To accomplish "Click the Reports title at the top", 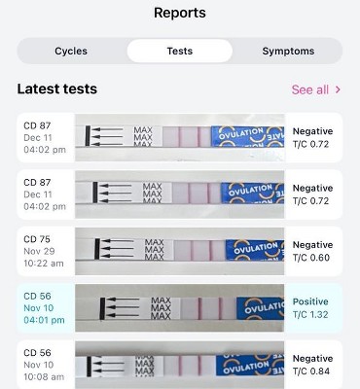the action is [x=180, y=13].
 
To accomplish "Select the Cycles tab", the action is [x=71, y=51].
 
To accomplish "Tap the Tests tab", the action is [x=180, y=51].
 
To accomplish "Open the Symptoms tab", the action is [x=288, y=51].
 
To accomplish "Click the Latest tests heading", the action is [x=57, y=88].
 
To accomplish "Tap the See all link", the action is [x=310, y=89].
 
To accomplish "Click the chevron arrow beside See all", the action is [x=338, y=89].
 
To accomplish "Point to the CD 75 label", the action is [x=37, y=239].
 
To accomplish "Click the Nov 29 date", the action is [x=39, y=251].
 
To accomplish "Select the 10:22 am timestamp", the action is [x=44, y=264].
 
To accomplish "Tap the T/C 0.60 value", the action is [x=311, y=258].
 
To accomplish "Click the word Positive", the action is [x=310, y=301].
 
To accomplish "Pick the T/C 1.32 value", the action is [x=310, y=314].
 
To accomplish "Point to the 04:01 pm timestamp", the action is [x=44, y=320].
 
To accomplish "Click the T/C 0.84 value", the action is [x=311, y=371].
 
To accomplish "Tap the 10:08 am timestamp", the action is [x=44, y=376].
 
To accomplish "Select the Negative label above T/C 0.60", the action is [x=312, y=245].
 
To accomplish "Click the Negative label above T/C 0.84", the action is [x=312, y=358].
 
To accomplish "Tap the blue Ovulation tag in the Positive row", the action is [x=261, y=308].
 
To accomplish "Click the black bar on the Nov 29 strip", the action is [x=97, y=249].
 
